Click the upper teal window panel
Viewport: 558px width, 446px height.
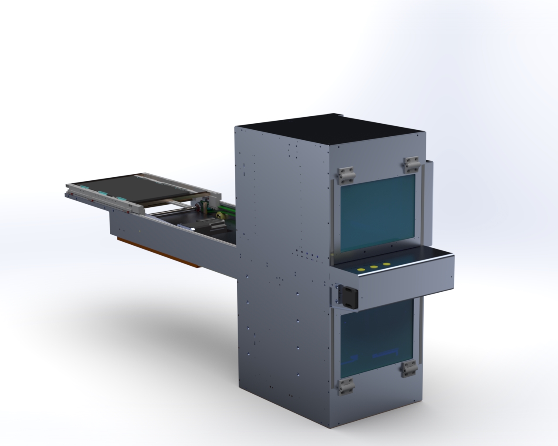[377, 213]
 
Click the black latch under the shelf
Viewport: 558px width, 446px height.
[349, 297]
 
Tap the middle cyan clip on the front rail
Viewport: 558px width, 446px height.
[102, 193]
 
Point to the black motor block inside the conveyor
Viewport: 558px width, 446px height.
[203, 207]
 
